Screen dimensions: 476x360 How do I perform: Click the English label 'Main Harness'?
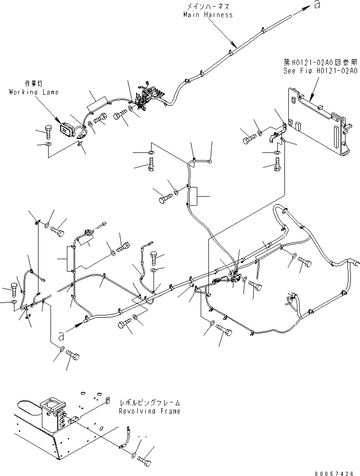pyautogui.click(x=208, y=15)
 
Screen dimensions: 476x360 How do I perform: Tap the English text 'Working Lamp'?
pyautogui.click(x=34, y=92)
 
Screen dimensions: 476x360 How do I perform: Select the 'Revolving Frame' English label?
pyautogui.click(x=150, y=411)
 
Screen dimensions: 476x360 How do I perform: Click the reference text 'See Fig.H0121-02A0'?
pyautogui.click(x=320, y=70)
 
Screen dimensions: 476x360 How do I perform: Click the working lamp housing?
pyautogui.click(x=66, y=129)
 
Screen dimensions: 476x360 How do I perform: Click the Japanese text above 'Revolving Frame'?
pyautogui.click(x=150, y=403)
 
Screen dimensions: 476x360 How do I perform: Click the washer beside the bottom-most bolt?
pyautogui.click(x=134, y=454)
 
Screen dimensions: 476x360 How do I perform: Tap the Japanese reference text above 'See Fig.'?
pyautogui.click(x=320, y=62)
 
